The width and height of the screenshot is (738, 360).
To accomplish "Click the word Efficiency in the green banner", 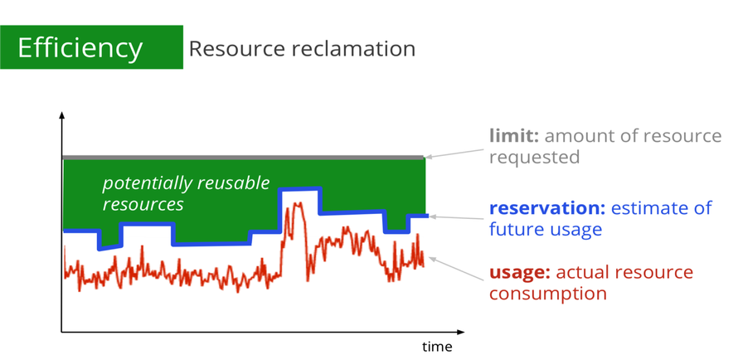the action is click(80, 47).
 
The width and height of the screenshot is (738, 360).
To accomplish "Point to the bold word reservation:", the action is click(547, 208).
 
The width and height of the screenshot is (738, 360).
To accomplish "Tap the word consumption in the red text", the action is click(548, 294).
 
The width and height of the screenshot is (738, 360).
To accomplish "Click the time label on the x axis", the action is click(437, 347).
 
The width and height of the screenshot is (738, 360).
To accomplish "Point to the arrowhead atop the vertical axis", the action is click(61, 115).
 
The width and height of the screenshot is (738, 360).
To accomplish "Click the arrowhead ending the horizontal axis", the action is click(461, 333).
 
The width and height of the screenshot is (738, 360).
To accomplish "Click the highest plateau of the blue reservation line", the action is click(300, 189).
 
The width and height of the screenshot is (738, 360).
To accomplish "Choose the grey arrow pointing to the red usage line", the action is click(457, 269).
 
